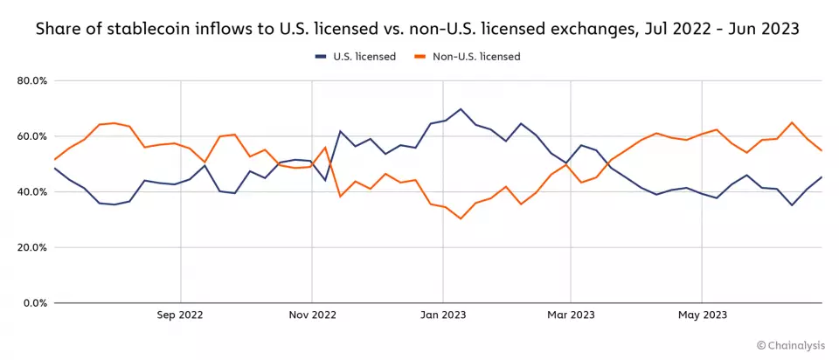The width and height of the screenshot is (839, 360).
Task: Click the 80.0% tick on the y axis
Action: point(31,81)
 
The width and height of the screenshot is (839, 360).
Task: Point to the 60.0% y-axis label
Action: point(31,136)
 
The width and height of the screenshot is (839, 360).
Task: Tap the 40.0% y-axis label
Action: point(31,192)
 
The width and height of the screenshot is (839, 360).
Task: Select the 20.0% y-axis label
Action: point(31,247)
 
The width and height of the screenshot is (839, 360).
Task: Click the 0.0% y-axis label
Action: point(34,303)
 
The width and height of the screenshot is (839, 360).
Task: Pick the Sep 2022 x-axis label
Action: point(180,315)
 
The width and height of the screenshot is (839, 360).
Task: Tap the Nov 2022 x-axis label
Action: point(311,315)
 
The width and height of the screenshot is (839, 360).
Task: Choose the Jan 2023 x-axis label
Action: point(442,315)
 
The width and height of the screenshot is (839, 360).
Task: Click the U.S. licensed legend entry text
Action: point(364,57)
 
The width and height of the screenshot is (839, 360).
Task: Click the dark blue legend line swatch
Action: point(322,57)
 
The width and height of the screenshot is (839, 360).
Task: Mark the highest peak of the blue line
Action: point(461,109)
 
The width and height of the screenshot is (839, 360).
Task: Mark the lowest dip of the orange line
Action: point(461,218)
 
